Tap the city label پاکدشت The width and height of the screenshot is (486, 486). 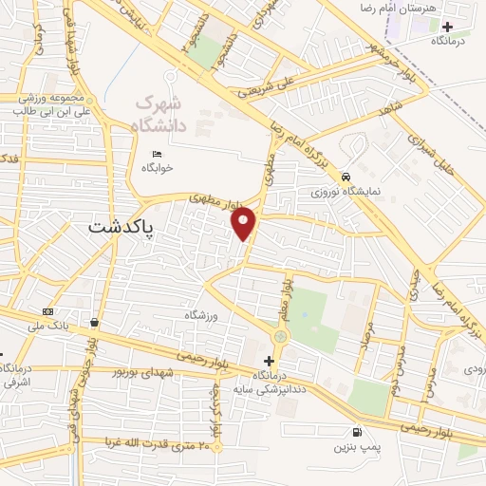(x=122, y=228)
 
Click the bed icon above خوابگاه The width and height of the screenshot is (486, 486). (x=157, y=155)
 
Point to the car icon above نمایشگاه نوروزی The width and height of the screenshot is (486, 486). (x=347, y=177)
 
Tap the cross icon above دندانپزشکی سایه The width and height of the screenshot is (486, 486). (x=269, y=361)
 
